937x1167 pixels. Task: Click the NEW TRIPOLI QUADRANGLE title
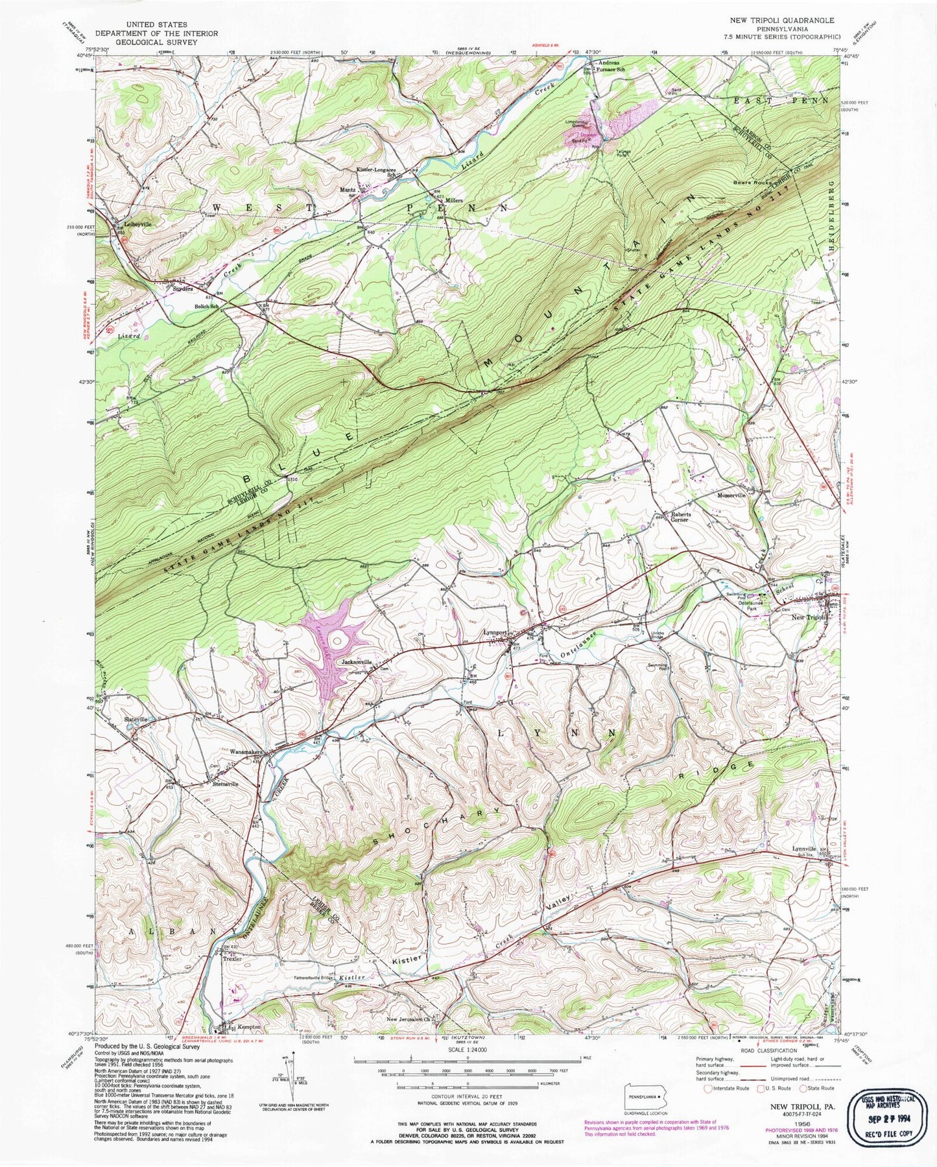coord(782,21)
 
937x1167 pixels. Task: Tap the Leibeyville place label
coord(137,224)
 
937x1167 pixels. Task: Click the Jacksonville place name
coord(357,662)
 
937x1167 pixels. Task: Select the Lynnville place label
coord(804,849)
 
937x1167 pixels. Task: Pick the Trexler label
coord(231,959)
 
